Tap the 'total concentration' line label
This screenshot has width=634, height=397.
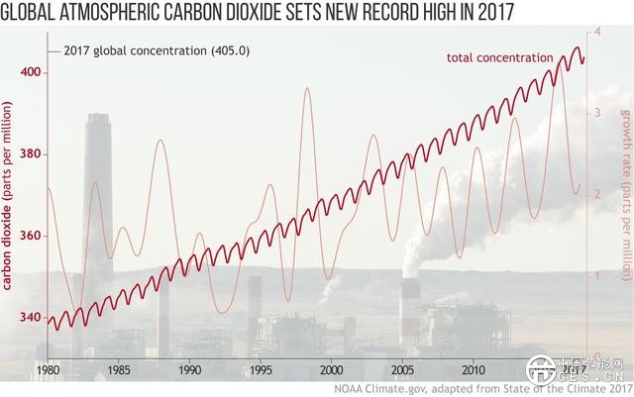click(x=499, y=57)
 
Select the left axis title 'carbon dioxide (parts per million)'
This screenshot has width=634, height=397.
click(x=9, y=198)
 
